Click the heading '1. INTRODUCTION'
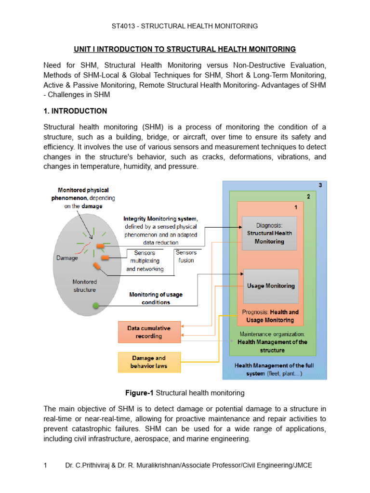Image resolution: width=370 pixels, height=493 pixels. click(75, 111)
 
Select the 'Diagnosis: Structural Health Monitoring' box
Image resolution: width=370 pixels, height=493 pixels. click(269, 233)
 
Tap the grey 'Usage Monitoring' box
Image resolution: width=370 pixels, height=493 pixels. click(270, 286)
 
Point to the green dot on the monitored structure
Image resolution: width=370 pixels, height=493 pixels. click(96, 305)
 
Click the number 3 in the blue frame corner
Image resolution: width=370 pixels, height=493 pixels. click(321, 185)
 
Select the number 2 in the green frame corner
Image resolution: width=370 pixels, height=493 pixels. click(308, 196)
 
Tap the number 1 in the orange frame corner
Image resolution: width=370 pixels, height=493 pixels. click(296, 207)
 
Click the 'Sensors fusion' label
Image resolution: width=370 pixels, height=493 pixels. click(186, 257)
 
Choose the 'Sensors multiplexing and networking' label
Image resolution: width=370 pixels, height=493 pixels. click(145, 261)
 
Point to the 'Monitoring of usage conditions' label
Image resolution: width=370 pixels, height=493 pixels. click(156, 298)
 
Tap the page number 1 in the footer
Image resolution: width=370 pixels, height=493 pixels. click(45, 466)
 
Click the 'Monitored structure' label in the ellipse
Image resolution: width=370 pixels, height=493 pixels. click(84, 285)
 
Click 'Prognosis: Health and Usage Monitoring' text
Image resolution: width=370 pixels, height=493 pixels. click(270, 316)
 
